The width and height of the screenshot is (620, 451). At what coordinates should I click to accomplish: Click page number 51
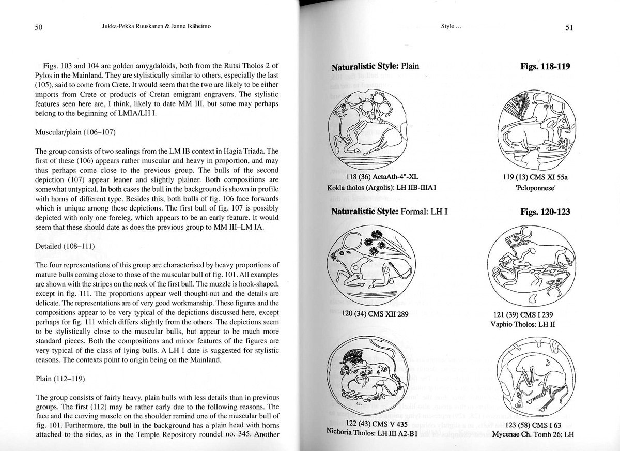click(x=569, y=28)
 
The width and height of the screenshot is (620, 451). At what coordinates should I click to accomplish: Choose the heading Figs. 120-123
click(x=546, y=212)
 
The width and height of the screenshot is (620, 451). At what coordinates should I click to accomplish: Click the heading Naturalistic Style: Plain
click(x=375, y=66)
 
